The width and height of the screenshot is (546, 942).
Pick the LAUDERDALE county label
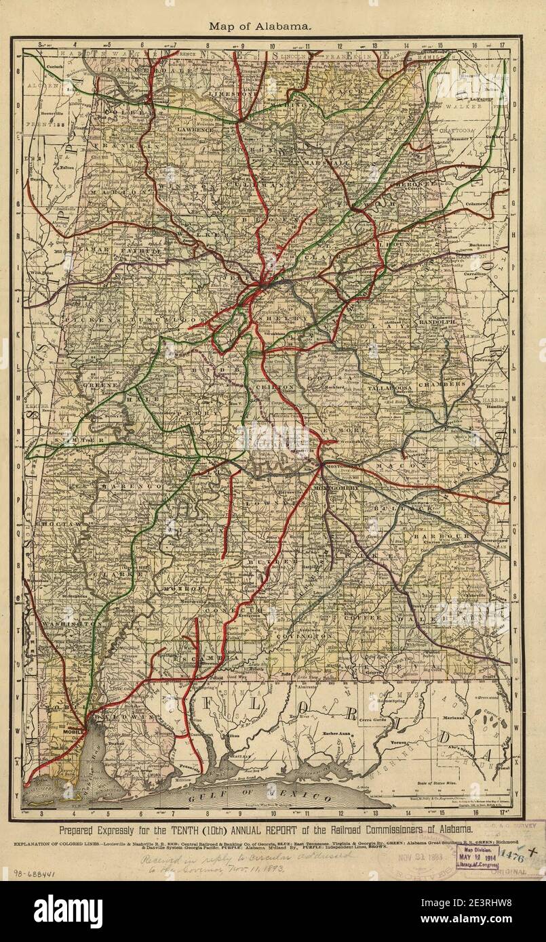tap(140, 70)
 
